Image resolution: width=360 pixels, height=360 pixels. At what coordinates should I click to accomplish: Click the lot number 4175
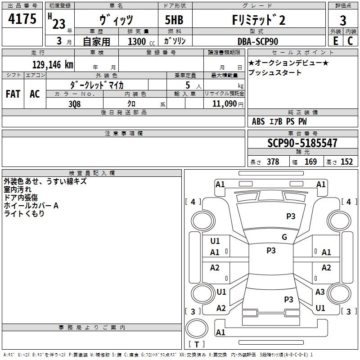tap(22, 20)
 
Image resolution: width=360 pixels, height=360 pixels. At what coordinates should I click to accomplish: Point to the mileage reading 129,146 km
tap(53, 65)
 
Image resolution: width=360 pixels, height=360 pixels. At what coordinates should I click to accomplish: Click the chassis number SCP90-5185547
tap(302, 143)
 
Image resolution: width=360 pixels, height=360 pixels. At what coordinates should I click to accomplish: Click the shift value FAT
tap(13, 94)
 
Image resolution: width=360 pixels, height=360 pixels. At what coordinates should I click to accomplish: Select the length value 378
tap(273, 162)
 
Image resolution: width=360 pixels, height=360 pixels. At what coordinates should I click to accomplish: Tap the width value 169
tap(310, 162)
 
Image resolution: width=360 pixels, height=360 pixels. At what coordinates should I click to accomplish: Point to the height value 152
tap(346, 162)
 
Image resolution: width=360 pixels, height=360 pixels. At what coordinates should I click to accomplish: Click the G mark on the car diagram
tap(284, 237)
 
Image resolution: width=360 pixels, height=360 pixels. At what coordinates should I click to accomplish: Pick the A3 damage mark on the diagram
tap(320, 292)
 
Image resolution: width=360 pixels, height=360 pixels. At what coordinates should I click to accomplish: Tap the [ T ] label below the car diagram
tap(196, 345)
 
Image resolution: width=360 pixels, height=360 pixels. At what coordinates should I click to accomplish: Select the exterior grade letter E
tap(335, 41)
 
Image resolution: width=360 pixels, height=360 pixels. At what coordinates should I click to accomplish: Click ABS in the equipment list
tap(258, 121)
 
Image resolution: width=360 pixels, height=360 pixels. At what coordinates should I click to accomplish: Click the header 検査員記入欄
tap(92, 173)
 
